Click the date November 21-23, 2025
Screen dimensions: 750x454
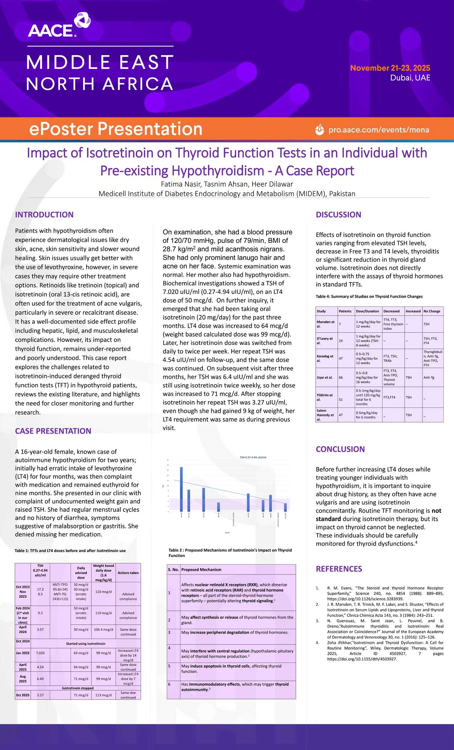(390, 68)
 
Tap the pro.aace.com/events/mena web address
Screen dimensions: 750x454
(378, 130)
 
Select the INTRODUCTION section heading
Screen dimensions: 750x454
(44, 214)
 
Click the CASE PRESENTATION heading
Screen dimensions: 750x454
(53, 431)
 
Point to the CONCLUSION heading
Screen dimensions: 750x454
(340, 449)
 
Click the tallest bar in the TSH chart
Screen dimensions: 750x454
(181, 489)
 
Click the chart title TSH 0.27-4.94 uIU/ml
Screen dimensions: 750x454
(253, 457)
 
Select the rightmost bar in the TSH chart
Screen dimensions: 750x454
(285, 507)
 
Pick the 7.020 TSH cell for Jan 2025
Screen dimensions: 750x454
(40, 653)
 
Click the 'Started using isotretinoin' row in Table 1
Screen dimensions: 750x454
(85, 643)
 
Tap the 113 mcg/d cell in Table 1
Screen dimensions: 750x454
(103, 695)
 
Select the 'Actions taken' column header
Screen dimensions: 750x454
(128, 573)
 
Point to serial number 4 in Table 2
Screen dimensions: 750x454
(169, 648)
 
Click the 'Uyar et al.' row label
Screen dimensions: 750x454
(325, 377)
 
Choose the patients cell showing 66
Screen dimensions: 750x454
(341, 377)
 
